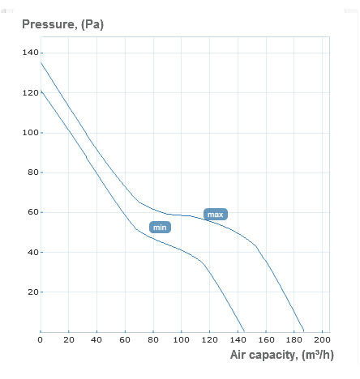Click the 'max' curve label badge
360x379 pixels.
[215, 215]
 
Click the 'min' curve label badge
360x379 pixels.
[160, 228]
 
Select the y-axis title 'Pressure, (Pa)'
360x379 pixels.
[62, 23]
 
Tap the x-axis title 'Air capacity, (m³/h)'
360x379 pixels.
[289, 355]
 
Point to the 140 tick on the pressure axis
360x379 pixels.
[30, 53]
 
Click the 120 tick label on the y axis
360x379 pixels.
[30, 93]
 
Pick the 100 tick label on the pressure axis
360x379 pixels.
[30, 133]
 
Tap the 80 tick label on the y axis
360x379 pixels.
[32, 172]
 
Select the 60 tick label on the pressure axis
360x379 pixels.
[32, 212]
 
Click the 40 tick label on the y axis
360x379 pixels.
[32, 252]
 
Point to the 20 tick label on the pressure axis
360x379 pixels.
[32, 292]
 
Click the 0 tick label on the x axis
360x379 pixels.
[41, 339]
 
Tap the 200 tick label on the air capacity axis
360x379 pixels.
[323, 339]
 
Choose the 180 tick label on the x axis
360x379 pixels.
[294, 339]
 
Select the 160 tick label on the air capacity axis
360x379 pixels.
[266, 339]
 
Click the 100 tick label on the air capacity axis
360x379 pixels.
[182, 339]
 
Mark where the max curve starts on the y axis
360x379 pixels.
[41, 62]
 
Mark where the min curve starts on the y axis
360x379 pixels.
[41, 90]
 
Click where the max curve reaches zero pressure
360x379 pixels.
[304, 331]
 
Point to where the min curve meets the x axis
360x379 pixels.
[244, 331]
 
